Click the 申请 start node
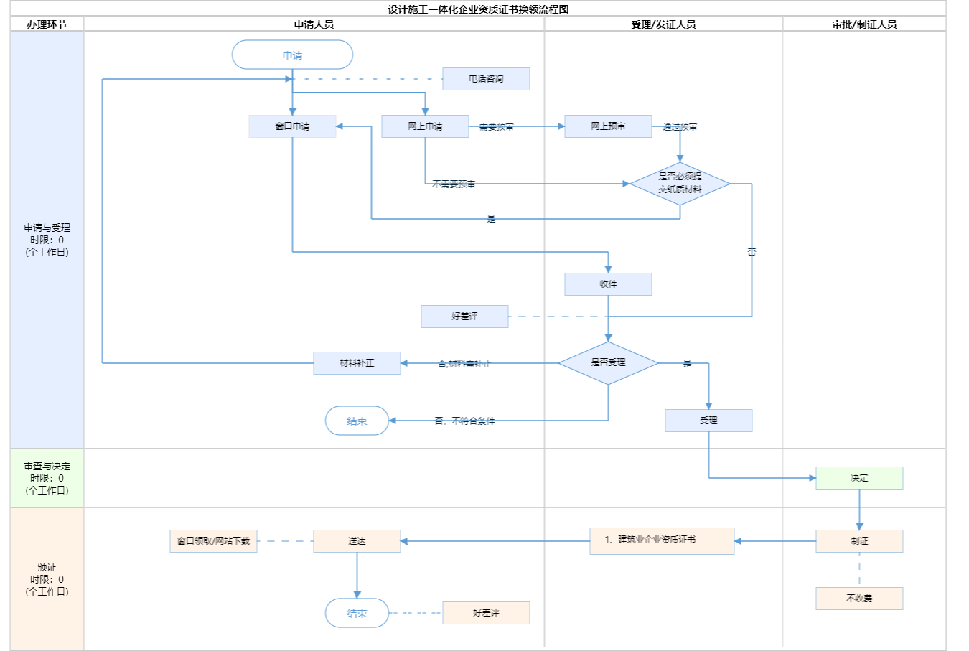(292, 55)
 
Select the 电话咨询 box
(486, 79)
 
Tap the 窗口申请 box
(292, 126)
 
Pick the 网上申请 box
(425, 126)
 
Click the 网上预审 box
(608, 126)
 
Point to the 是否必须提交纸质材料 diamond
(680, 183)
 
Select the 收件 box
(608, 284)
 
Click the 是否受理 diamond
(608, 362)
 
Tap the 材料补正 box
(357, 363)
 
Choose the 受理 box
(708, 421)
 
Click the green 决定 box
(859, 478)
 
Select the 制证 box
(859, 541)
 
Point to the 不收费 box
(859, 599)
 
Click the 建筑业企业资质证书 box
(662, 540)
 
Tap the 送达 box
(357, 541)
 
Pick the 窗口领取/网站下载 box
(213, 541)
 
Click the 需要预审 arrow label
(497, 127)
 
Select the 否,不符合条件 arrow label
(464, 421)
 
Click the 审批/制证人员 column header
(864, 24)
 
